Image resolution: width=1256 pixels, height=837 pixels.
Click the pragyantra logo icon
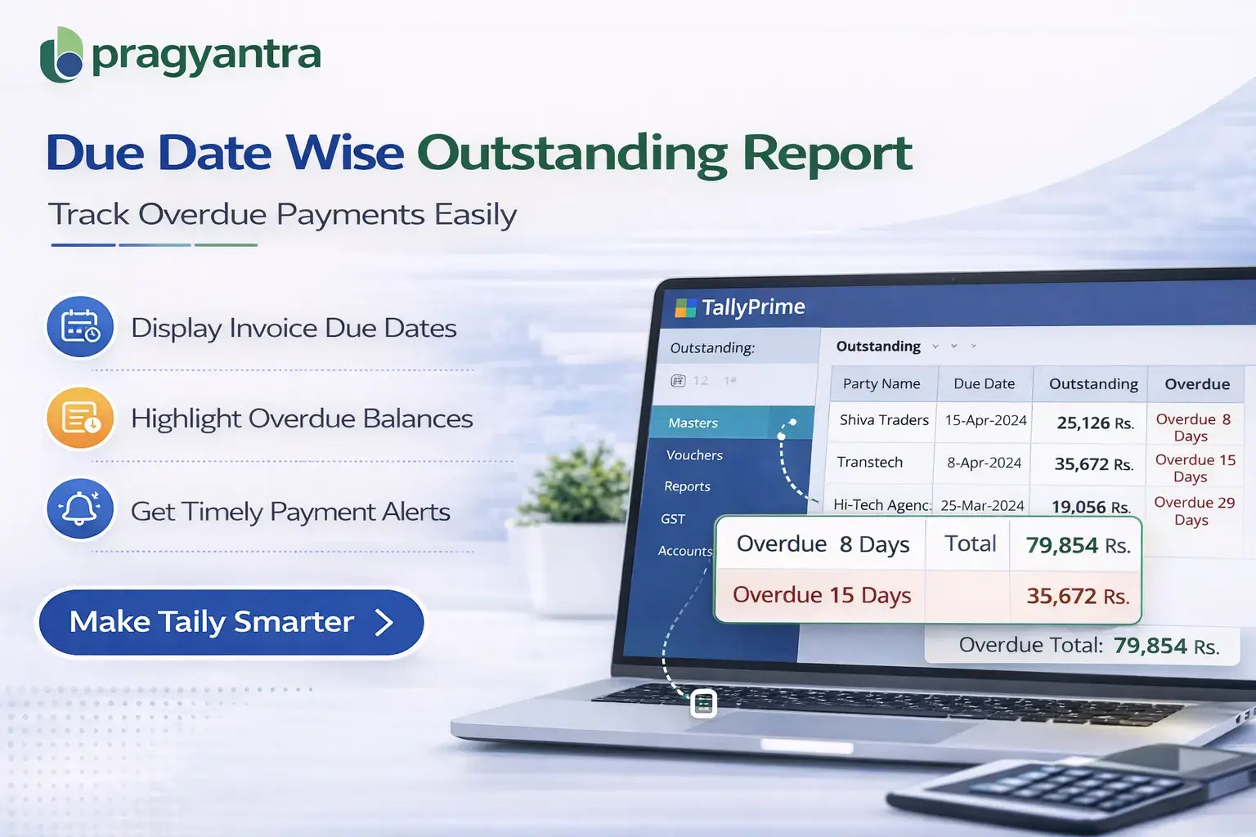click(x=61, y=55)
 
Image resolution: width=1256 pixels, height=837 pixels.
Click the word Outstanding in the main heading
click(x=572, y=153)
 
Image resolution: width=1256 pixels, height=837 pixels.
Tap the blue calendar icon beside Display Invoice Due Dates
click(x=80, y=327)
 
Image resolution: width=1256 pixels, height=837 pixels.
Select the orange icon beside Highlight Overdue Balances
click(x=80, y=418)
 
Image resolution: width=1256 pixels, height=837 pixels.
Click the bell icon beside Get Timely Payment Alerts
click(x=80, y=510)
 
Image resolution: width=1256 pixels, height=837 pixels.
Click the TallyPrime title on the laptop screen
click(x=752, y=307)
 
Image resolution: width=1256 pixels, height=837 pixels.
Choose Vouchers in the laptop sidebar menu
click(x=694, y=455)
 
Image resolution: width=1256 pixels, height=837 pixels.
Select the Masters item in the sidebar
click(x=693, y=423)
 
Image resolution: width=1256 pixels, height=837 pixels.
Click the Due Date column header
click(x=984, y=383)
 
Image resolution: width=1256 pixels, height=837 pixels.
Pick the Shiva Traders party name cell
click(x=883, y=420)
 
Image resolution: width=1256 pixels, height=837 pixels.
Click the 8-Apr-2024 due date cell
click(x=984, y=463)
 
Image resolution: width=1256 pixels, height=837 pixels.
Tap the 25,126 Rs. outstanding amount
click(x=1094, y=423)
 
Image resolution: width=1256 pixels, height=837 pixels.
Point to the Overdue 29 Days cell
click(x=1193, y=511)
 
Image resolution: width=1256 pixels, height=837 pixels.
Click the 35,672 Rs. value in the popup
click(x=1077, y=596)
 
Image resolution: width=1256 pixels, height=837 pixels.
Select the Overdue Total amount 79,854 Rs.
click(x=1165, y=646)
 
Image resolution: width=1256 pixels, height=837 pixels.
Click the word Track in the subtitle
click(x=88, y=214)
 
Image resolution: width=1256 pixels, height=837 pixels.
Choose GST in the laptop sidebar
click(x=673, y=519)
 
